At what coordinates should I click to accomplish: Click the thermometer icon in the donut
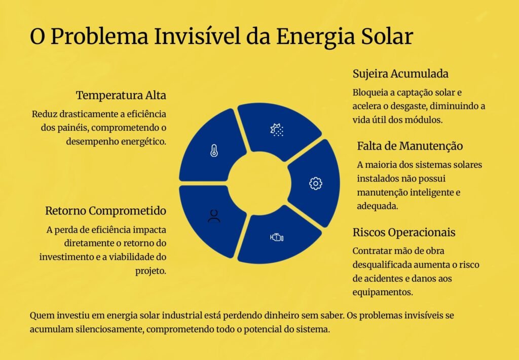coord(214,151)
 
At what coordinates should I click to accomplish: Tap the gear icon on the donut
coord(315,183)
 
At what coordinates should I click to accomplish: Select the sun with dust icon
coord(277,130)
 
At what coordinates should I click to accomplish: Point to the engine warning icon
coord(277,237)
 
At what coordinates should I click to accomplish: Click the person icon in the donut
coord(214,216)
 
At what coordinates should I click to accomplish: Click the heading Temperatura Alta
coord(121,95)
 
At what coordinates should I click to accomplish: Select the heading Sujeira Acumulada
coord(400,74)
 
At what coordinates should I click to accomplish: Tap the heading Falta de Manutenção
coord(410,146)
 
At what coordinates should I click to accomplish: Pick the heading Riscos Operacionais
coord(404,232)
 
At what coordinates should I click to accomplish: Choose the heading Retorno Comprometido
coord(105,210)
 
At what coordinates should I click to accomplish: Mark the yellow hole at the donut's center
coord(259,183)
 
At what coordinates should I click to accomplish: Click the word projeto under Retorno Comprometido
coord(151,271)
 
